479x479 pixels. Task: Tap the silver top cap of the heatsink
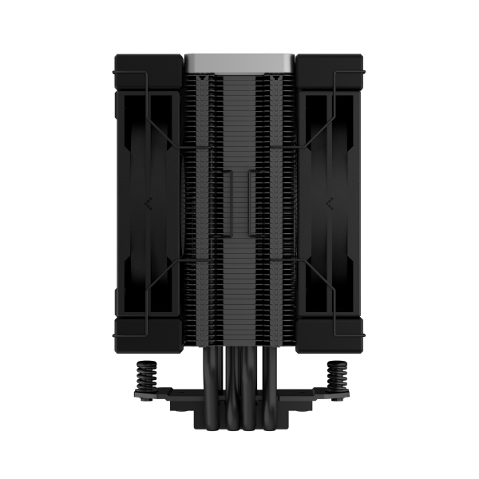(x=239, y=61)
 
